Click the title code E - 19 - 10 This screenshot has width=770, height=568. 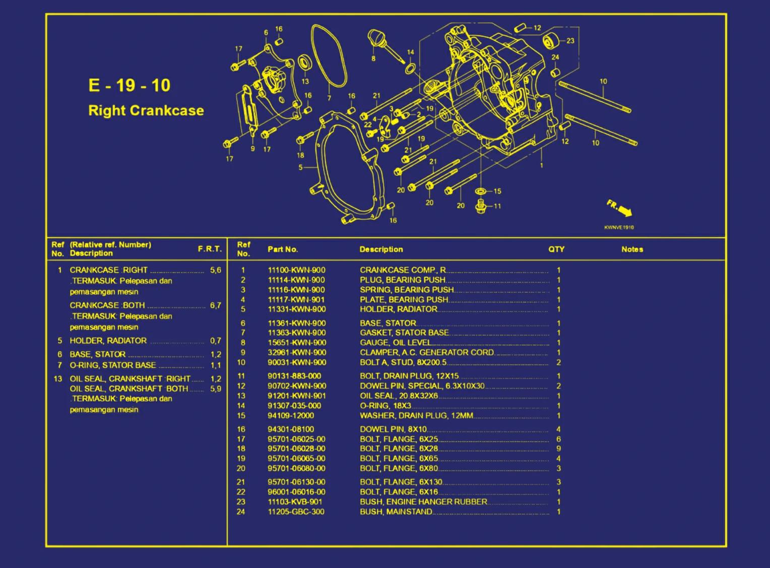click(130, 85)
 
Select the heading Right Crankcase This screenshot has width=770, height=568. click(146, 110)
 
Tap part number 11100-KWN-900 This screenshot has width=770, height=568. click(296, 270)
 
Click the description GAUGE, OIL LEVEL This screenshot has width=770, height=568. click(395, 343)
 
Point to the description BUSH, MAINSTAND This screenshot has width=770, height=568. click(396, 512)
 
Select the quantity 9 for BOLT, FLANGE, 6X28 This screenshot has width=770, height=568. click(558, 449)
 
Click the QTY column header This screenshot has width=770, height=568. click(556, 249)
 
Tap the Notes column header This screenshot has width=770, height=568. click(632, 249)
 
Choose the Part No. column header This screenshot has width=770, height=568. click(283, 249)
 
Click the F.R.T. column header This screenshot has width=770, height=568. click(210, 249)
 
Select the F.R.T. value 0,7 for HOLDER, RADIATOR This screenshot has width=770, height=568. click(216, 341)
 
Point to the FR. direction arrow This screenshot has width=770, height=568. click(619, 208)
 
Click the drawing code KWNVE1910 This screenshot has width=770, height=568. click(619, 227)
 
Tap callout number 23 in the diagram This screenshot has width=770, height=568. click(570, 41)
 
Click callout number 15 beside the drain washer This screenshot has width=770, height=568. click(497, 192)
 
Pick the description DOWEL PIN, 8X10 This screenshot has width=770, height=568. click(393, 429)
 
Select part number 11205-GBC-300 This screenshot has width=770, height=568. click(296, 512)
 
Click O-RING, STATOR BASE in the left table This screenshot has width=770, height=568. click(113, 365)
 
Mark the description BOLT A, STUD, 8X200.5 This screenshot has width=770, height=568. click(403, 362)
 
